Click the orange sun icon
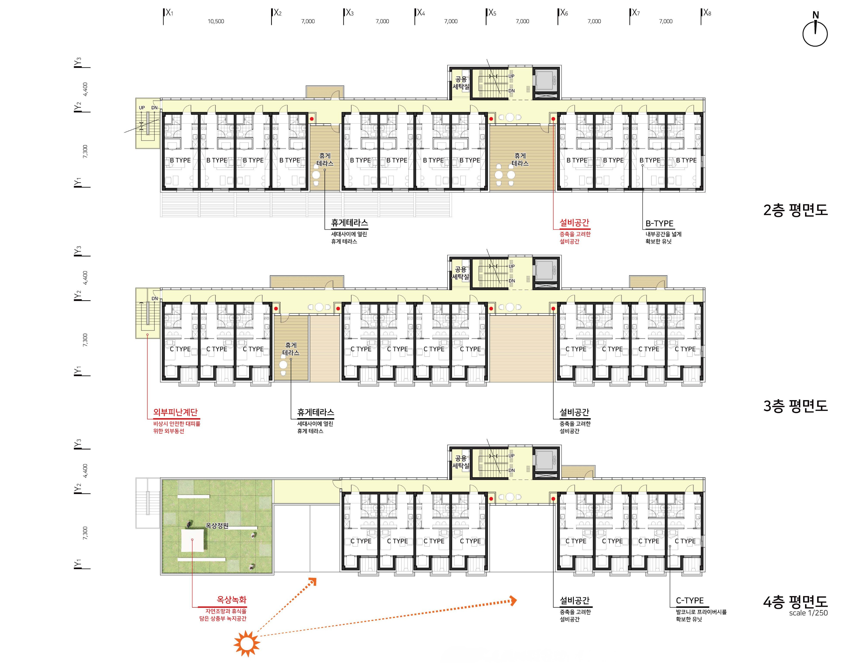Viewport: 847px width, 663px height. click(x=247, y=644)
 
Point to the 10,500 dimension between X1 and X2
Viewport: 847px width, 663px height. click(x=216, y=21)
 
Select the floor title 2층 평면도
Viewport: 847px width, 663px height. click(x=795, y=210)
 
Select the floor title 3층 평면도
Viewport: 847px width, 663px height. click(x=795, y=406)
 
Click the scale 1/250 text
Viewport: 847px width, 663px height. click(x=808, y=613)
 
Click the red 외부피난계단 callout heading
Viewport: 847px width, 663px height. click(x=176, y=412)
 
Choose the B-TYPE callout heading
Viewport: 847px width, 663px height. click(x=660, y=223)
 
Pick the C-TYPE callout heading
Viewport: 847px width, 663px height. click(x=690, y=600)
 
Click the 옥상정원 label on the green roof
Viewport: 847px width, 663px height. click(x=217, y=526)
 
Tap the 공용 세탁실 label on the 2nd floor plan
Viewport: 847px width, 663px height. click(x=461, y=83)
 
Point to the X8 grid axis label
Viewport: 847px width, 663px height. click(x=707, y=13)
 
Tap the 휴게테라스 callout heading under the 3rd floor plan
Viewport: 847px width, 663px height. click(x=316, y=412)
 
